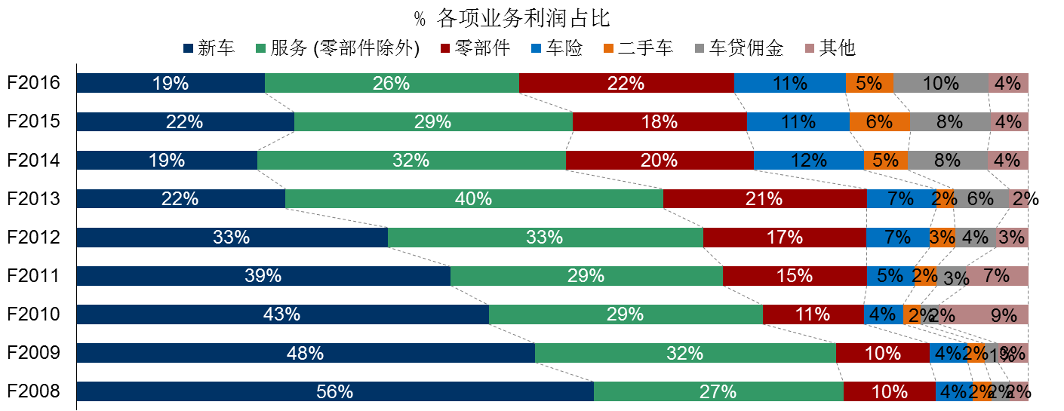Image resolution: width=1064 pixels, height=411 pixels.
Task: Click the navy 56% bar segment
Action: pos(335,391)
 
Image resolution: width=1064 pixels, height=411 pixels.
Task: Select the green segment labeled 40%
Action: pos(474,199)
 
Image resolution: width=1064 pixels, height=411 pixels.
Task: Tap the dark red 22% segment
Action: pos(626,84)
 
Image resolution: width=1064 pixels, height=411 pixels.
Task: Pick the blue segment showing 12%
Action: pos(808,161)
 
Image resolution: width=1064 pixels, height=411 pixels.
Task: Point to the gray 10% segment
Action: pos(940,84)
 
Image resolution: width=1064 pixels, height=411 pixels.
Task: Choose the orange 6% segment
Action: pos(879,122)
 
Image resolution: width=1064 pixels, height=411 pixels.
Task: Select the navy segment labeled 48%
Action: pos(306,353)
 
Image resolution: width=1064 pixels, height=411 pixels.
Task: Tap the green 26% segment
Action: pos(392,84)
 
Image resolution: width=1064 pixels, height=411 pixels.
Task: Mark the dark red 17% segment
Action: pos(784,238)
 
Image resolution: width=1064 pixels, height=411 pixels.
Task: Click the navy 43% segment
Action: pos(282,314)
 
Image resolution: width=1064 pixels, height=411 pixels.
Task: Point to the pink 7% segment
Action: pos(997,276)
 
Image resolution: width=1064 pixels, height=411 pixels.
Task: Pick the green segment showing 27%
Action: pos(718,391)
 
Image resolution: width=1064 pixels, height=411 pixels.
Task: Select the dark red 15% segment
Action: pos(794,276)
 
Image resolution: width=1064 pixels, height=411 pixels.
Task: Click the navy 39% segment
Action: pos(263,276)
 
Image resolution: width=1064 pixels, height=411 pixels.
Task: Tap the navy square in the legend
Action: pos(188,48)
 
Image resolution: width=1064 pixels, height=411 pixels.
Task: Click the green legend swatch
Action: pos(260,48)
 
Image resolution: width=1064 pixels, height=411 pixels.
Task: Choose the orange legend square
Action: pos(608,48)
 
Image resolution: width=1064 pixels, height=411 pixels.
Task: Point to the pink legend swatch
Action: pos(810,48)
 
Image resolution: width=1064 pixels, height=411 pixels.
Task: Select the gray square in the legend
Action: pos(700,48)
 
